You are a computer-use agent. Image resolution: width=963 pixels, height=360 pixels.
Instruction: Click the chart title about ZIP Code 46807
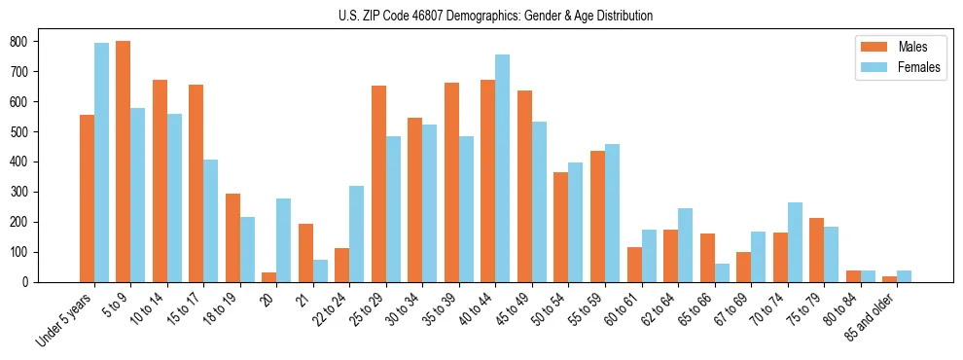coord(481,16)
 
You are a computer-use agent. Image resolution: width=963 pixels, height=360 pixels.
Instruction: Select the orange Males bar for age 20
coord(268,277)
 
